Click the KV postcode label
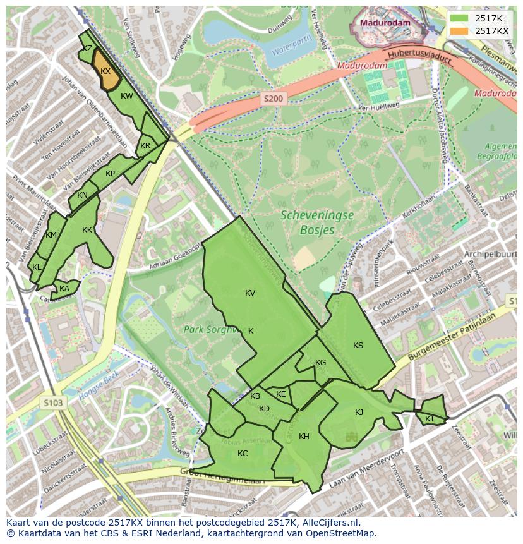(250, 293)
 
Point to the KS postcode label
(358, 346)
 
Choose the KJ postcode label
(359, 413)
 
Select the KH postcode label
(304, 437)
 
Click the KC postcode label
(243, 454)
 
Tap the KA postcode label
(64, 289)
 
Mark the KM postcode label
(52, 235)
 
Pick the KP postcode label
(111, 174)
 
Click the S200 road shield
(274, 99)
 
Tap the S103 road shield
(54, 402)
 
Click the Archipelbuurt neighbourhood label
(489, 255)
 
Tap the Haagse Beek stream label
(99, 385)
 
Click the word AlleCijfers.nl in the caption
(328, 523)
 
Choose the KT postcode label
(430, 419)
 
